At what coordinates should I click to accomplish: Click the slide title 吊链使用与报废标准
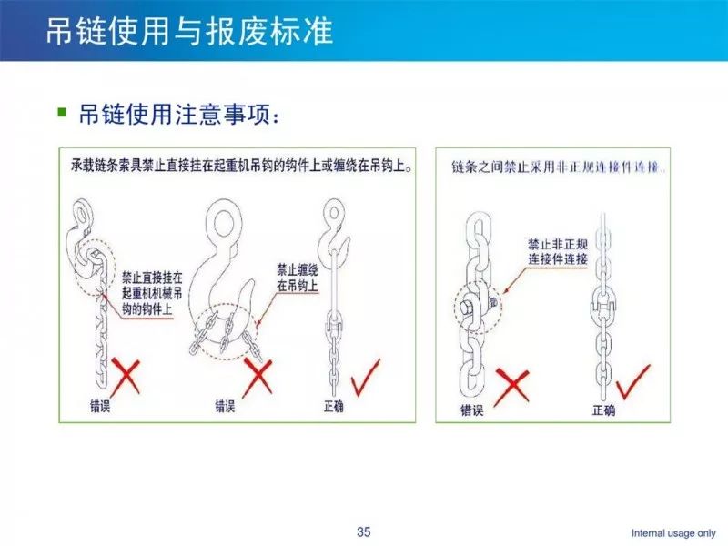(189, 31)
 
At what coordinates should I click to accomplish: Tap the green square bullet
(62, 112)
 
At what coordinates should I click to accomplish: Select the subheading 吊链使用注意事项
(179, 114)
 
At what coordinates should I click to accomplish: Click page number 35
(363, 531)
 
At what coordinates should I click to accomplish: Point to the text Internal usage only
(673, 533)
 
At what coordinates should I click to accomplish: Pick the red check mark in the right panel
(632, 381)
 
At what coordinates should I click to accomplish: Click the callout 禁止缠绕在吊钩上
(298, 278)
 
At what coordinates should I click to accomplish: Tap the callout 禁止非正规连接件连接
(558, 251)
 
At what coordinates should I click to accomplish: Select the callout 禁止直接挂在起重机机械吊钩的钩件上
(152, 293)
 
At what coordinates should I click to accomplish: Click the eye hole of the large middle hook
(223, 223)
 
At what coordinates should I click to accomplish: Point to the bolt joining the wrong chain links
(468, 307)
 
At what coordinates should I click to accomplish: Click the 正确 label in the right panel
(603, 410)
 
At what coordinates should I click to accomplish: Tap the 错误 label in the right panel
(472, 410)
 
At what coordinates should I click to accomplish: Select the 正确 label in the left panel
(334, 406)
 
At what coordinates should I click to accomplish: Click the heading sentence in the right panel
(559, 167)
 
